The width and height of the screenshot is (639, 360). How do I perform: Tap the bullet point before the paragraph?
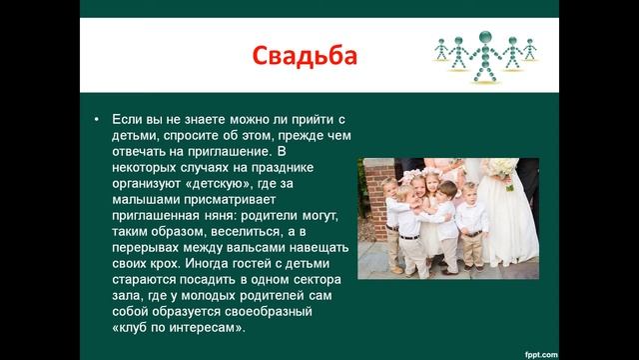pos(96,118)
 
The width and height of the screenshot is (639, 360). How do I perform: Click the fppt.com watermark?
pos(600,352)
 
